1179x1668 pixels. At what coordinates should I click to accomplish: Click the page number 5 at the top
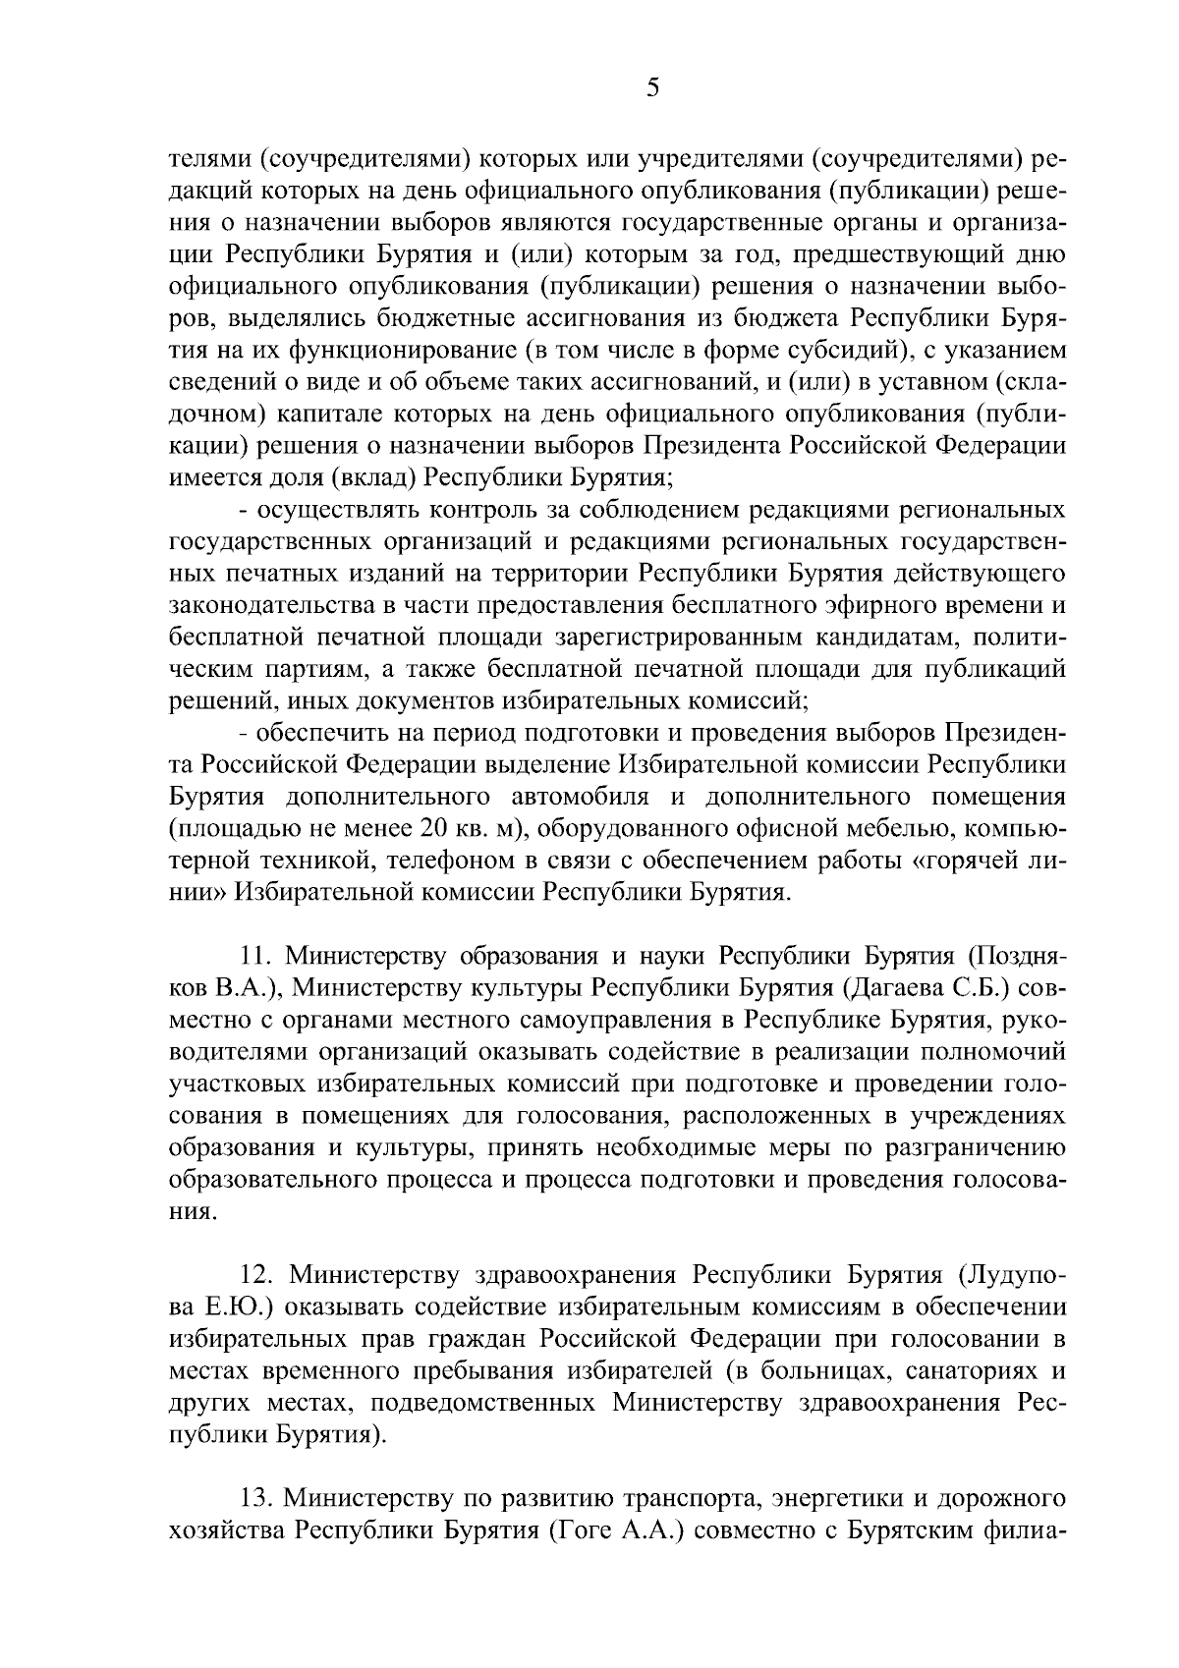tap(653, 88)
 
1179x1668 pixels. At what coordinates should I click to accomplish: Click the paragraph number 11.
tap(258, 955)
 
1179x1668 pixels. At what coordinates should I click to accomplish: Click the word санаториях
tap(966, 1372)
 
